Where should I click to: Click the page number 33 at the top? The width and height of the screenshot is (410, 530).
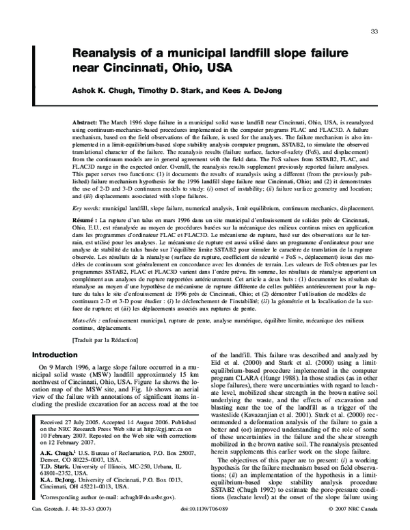pyautogui.click(x=374, y=31)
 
